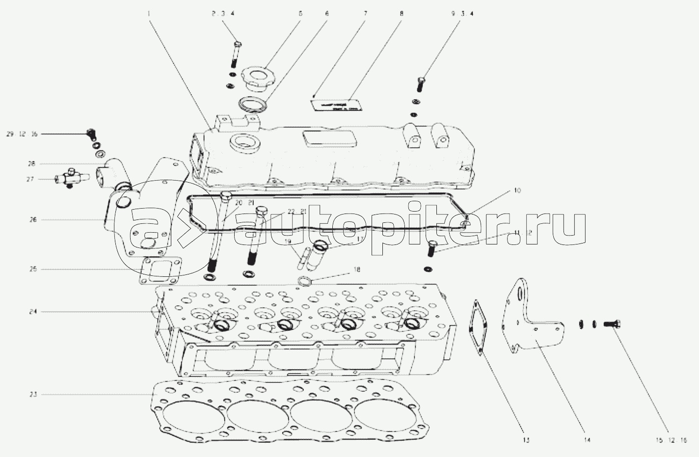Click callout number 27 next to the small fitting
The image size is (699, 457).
30,180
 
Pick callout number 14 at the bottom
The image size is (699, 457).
587,440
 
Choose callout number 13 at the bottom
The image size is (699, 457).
526,440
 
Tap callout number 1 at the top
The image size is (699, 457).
148,14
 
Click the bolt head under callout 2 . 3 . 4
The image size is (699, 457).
237,45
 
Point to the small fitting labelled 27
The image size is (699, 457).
69,179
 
